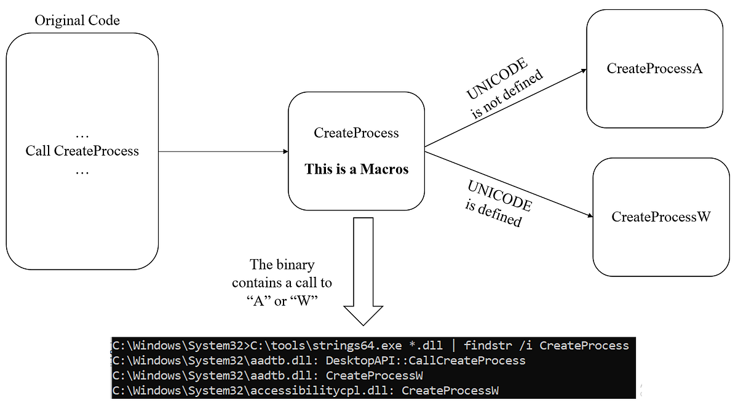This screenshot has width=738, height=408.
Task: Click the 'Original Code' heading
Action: (x=77, y=20)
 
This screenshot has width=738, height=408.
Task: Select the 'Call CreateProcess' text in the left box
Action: (x=82, y=151)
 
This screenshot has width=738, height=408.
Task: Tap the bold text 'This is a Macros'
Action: (x=356, y=169)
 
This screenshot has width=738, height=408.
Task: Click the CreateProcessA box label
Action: (x=654, y=68)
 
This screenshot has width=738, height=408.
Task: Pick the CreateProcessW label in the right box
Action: (x=661, y=217)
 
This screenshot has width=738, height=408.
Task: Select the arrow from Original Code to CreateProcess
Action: (x=223, y=151)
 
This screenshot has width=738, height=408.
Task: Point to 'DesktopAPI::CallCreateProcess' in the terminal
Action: (x=426, y=361)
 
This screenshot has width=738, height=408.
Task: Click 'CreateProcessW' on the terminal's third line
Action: (x=375, y=375)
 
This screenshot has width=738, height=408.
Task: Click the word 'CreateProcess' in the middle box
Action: (x=356, y=133)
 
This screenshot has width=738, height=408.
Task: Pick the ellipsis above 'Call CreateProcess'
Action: (x=82, y=134)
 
